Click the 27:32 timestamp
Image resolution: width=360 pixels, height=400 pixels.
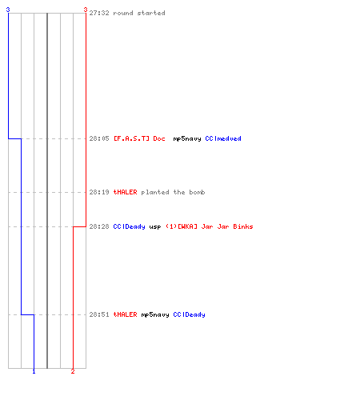coord(99,13)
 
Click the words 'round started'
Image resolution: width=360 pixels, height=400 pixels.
coord(139,13)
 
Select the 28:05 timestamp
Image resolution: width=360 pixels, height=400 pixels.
coord(99,138)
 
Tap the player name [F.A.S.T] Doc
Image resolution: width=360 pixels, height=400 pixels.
coord(139,138)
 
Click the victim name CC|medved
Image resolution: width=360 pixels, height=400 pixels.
coord(223,138)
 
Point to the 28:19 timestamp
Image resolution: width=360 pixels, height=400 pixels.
coord(99,192)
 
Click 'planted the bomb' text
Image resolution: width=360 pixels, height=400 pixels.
coord(173,192)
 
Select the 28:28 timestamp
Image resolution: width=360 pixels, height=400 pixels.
coord(99,226)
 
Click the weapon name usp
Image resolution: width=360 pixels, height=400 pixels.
coord(155,227)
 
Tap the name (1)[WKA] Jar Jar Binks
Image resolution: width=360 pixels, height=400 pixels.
coord(210,226)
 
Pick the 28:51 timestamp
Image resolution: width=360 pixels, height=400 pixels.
coord(99,314)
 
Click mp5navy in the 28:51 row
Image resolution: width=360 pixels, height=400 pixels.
coord(155,315)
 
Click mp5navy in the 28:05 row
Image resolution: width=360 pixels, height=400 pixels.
coord(187,139)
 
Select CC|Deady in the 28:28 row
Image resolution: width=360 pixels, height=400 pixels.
coord(130,227)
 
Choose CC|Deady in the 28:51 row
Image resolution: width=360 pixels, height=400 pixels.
coord(190,315)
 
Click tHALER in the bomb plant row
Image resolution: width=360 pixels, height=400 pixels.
coord(126,192)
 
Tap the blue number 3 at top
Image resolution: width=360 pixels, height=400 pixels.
coord(8,10)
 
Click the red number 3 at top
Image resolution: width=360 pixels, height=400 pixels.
coord(86,10)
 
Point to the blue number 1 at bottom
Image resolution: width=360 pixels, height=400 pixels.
coord(34,371)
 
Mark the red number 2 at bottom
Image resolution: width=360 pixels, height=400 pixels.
coord(73,371)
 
